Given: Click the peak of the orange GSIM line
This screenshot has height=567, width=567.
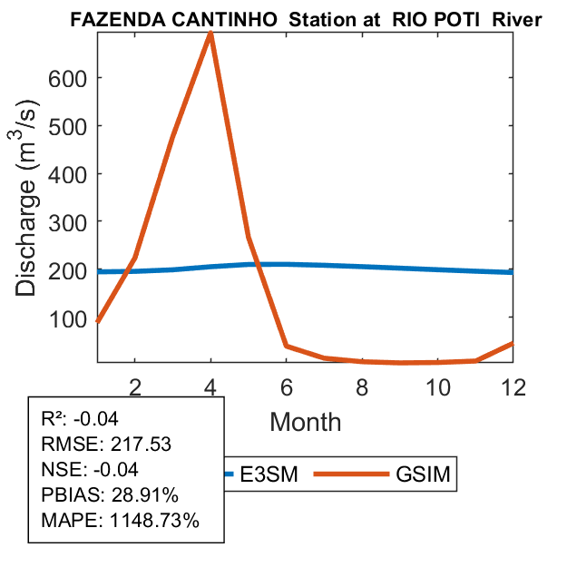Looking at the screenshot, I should (x=210, y=34).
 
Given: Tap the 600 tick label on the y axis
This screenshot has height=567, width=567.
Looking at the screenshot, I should (x=68, y=78).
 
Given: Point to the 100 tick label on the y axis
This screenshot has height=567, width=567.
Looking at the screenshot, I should (x=68, y=318).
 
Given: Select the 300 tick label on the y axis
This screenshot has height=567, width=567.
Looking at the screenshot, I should (x=68, y=222).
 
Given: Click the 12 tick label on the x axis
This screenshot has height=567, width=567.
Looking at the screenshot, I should (x=513, y=387).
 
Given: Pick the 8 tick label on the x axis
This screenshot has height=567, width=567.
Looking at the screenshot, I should (x=361, y=387).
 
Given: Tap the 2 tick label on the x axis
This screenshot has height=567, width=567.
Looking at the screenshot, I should (x=134, y=387).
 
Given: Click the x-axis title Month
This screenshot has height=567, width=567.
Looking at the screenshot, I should (x=305, y=421).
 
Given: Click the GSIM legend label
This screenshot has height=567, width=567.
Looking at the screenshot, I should (x=424, y=474).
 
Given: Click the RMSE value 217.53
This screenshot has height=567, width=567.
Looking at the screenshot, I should (x=141, y=445).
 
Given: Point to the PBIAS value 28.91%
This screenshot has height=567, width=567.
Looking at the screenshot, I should (x=145, y=495).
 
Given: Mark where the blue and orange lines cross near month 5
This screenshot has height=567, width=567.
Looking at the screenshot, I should (x=258, y=265).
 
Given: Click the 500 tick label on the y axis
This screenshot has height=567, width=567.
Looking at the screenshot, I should (x=68, y=126).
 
